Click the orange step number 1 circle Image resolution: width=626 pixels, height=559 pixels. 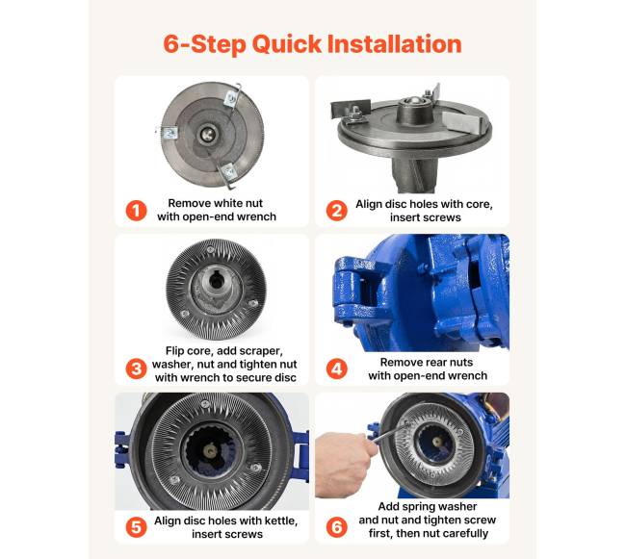click(x=136, y=210)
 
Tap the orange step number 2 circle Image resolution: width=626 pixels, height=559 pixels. click(x=336, y=210)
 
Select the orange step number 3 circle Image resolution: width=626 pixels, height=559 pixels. click(x=136, y=368)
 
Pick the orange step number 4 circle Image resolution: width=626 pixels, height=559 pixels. click(x=336, y=368)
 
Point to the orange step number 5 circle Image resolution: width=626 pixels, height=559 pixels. click(x=136, y=527)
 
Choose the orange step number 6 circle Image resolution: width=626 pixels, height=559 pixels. click(x=336, y=527)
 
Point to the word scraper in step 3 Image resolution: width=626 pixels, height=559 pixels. click(x=260, y=351)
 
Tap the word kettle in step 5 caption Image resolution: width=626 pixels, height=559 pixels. click(x=281, y=521)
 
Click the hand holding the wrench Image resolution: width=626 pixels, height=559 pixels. click(x=346, y=464)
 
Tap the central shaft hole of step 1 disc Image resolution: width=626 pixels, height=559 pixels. click(x=207, y=134)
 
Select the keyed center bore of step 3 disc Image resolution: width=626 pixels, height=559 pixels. click(x=216, y=281)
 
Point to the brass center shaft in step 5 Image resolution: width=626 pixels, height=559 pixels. click(x=210, y=450)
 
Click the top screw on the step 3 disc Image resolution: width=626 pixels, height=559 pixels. click(x=210, y=249)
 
